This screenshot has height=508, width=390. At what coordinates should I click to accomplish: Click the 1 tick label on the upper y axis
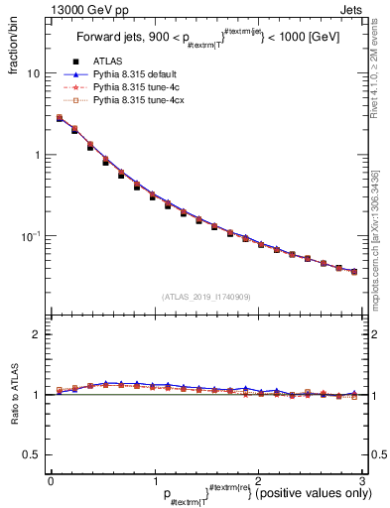pos(37,155)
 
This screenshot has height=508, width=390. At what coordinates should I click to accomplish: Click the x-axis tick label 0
pos(51,480)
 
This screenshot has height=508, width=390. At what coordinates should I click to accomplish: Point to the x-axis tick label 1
pos(154,480)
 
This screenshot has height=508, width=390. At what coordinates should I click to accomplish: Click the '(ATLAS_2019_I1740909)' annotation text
pos(204,297)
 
